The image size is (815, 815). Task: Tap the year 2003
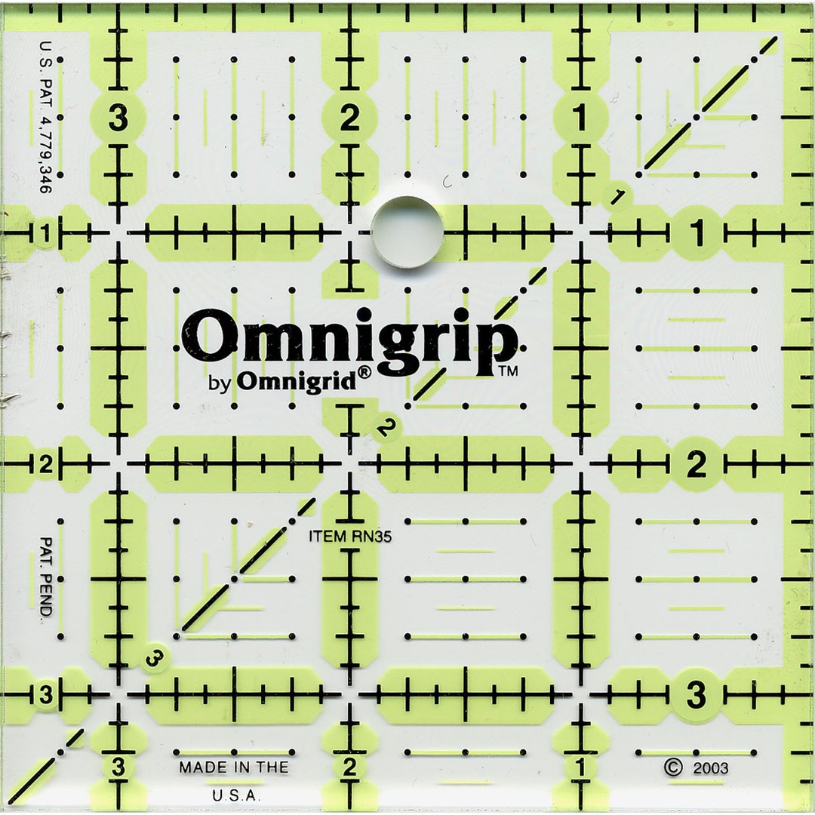pos(709,768)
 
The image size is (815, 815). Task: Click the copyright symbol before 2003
pos(673,767)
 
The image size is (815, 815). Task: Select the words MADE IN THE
pos(233,767)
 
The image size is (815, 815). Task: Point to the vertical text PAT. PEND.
pos(45,577)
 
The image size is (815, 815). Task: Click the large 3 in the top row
pos(118,118)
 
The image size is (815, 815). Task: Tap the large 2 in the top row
pos(349,118)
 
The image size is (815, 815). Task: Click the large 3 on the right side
pos(696,693)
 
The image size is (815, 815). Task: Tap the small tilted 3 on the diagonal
pos(155,660)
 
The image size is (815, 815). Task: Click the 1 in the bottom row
pos(580,768)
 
